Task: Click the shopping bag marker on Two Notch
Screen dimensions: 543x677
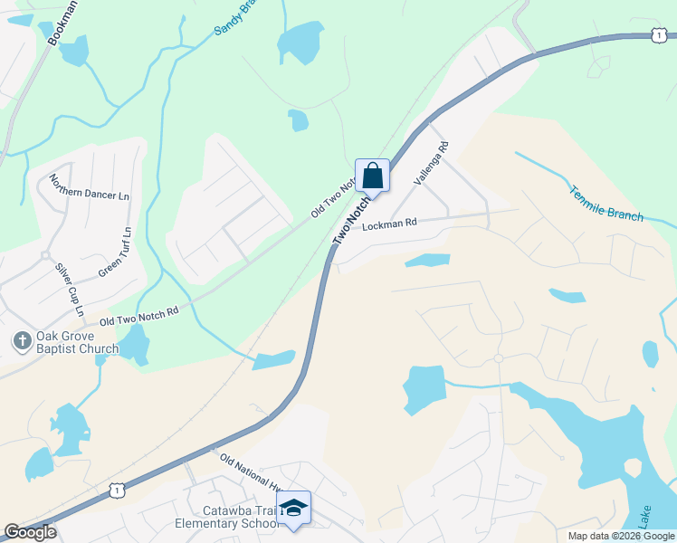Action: (x=372, y=175)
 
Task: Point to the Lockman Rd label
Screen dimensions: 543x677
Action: (x=389, y=224)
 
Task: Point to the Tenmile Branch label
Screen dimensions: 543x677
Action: (x=606, y=204)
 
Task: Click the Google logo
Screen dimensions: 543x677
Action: (x=30, y=532)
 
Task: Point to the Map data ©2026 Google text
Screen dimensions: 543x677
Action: (x=620, y=536)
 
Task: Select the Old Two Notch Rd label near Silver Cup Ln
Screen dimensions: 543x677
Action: (x=139, y=315)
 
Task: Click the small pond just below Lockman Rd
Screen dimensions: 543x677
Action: (x=427, y=261)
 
